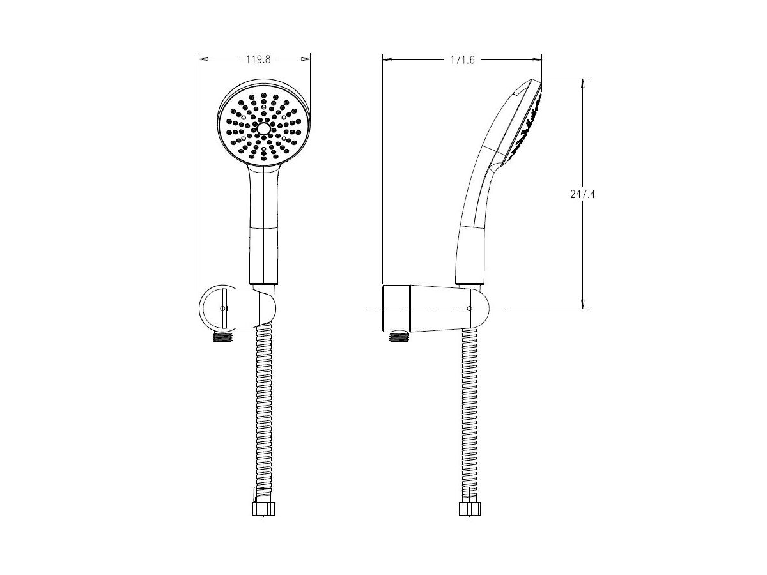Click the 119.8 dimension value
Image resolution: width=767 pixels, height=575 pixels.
coord(258,59)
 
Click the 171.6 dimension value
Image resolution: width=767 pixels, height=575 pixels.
coord(462,59)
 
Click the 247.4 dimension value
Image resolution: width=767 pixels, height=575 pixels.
coord(583,194)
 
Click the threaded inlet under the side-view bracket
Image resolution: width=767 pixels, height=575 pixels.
coord(399,334)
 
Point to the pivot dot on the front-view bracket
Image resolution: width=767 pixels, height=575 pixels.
coord(222,309)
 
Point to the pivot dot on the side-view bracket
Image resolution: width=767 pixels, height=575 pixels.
coord(470,309)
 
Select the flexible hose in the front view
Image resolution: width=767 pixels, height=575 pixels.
coord(263,415)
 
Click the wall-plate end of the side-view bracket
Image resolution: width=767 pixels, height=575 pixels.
coord(396,309)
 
